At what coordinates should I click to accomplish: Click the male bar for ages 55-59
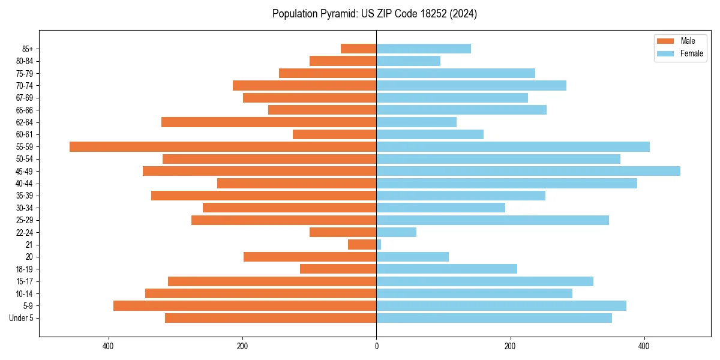pos(223,147)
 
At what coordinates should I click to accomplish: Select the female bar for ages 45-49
pos(528,171)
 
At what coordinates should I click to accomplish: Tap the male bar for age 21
pos(362,245)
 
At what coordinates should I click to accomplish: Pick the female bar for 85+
pos(424,49)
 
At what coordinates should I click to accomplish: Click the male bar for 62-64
pos(269,122)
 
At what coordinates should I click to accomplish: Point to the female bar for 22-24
pos(396,232)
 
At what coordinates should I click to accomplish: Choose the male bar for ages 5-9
pos(245,306)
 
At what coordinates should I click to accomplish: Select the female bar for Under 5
pos(494,318)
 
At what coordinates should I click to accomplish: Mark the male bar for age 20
pos(310,257)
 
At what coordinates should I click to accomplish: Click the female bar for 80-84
pos(408,61)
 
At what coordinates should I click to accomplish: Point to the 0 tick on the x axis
pos(376,346)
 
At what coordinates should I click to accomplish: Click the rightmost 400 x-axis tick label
pos(644,346)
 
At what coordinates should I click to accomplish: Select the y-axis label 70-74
pos(25,86)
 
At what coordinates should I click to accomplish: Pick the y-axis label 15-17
pos(25,281)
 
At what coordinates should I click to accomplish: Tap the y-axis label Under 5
pos(22,318)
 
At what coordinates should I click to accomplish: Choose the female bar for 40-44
pos(506,184)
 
